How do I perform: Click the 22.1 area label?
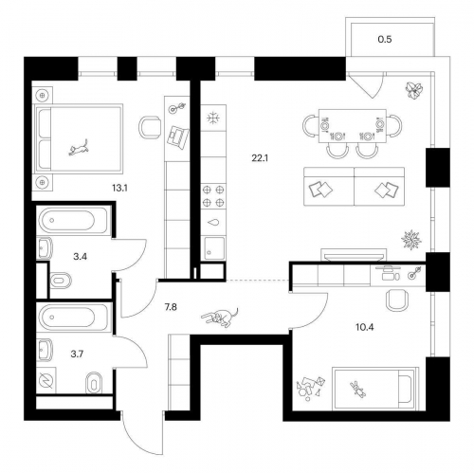pos(260,158)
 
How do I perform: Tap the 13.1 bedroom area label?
pos(119,189)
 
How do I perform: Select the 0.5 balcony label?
pos(385,40)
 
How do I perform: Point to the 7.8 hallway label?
pos(171,307)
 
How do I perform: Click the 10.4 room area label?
pos(365,327)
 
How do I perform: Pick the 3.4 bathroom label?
pos(80,257)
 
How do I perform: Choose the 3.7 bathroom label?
pos(77,355)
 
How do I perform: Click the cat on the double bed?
pos(78,148)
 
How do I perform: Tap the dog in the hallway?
pos(221,317)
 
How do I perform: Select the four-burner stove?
pos(213,196)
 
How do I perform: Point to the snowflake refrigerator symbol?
pos(213,118)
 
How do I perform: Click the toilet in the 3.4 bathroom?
pos(61,281)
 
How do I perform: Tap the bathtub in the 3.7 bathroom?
pos(75,317)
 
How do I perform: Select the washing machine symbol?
pos(46,380)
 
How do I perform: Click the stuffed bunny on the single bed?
pos(358,389)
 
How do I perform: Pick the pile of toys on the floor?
pos(310,389)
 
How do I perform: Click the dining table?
pos(353,126)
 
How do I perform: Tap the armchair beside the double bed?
pos(149,127)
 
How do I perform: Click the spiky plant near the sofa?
pos(411,240)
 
